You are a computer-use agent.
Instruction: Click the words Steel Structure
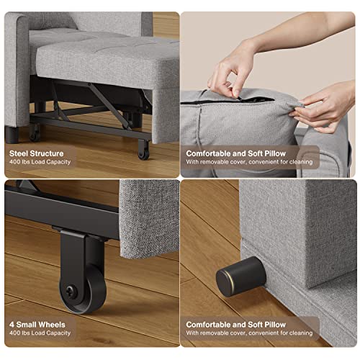click(x=37, y=153)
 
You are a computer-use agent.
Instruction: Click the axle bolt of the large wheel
click(x=68, y=290)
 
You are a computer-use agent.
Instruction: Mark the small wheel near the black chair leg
click(x=34, y=131)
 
